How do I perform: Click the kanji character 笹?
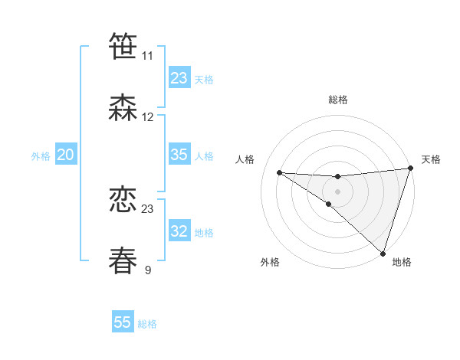pyautogui.click(x=123, y=45)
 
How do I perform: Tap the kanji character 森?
pyautogui.click(x=123, y=107)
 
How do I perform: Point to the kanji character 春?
pyautogui.click(x=123, y=260)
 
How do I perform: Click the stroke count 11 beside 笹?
pyautogui.click(x=147, y=56)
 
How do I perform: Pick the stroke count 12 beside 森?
pyautogui.click(x=148, y=117)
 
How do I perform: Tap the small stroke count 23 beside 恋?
pyautogui.click(x=148, y=209)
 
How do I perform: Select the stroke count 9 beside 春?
pyautogui.click(x=148, y=270)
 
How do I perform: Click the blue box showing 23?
pyautogui.click(x=179, y=78)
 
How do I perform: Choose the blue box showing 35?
pyautogui.click(x=179, y=155)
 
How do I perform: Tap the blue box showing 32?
pyautogui.click(x=179, y=231)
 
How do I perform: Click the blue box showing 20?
pyautogui.click(x=66, y=155)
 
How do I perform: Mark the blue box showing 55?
pyautogui.click(x=123, y=322)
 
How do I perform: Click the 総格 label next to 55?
pyautogui.click(x=147, y=324)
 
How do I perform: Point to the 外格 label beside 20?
pyautogui.click(x=41, y=156)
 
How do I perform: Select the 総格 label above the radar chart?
pyautogui.click(x=338, y=100)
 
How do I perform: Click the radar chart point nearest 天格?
pyautogui.click(x=410, y=169)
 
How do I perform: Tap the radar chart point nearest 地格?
pyautogui.click(x=383, y=253)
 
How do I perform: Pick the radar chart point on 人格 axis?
pyautogui.click(x=280, y=172)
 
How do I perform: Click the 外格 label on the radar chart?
pyautogui.click(x=271, y=262)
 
